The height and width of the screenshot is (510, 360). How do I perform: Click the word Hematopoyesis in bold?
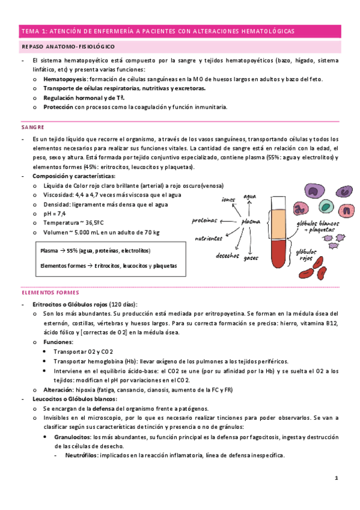tap(64, 79)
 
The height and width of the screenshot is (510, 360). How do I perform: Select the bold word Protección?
tap(58, 107)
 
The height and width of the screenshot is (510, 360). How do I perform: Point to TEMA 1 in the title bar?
tap(34, 31)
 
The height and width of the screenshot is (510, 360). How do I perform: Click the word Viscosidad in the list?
tap(58, 195)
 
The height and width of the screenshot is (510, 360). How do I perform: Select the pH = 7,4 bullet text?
tap(55, 214)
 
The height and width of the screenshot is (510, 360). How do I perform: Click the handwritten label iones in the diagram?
tap(228, 199)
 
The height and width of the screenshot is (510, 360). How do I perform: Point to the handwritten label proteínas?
tap(204, 220)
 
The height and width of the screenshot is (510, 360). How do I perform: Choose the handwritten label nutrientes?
tap(209, 238)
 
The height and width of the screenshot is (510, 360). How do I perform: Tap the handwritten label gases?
tap(251, 259)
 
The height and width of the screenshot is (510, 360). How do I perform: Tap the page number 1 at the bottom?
tap(337, 478)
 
